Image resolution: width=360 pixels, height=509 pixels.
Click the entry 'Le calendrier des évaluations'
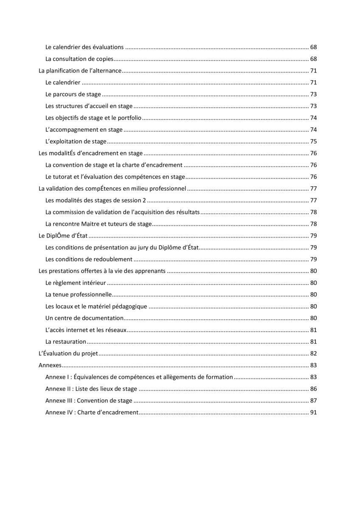pos(84,47)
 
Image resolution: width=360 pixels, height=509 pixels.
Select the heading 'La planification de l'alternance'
pos(80,71)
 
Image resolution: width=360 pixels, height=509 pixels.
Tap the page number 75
pos(314,142)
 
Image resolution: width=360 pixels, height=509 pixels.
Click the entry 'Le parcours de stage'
pos(73,94)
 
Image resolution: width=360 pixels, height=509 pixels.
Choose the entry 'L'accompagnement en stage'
pos(84,130)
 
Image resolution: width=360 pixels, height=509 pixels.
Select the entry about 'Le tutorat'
pos(115,177)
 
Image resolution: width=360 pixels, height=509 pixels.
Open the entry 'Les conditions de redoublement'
pos(89,259)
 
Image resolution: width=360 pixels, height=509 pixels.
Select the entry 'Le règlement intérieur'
pos(76,283)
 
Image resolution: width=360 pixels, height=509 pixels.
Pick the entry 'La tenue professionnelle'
pos(79,294)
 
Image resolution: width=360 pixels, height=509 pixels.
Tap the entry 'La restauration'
pos(66,342)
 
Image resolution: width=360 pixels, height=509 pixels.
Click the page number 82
pos(314,353)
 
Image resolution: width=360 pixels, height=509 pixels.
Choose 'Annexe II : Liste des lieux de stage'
pos(91,389)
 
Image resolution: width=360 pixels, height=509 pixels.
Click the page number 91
pos(314,412)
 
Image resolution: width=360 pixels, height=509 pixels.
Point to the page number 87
pos(314,401)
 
